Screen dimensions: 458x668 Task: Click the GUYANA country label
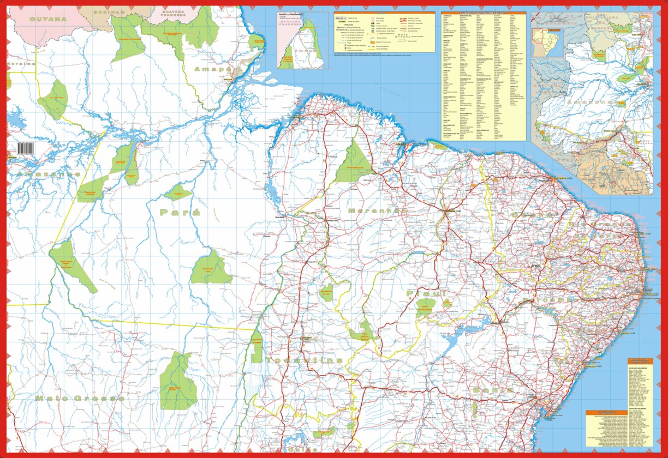click(48, 19)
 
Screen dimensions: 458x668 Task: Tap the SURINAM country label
click(109, 11)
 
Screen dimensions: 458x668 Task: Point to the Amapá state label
click(212, 69)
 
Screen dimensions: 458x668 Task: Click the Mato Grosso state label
click(80, 399)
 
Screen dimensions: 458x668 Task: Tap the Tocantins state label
click(305, 360)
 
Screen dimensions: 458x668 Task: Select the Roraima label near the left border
click(21, 64)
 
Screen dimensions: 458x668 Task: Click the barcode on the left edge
click(26, 148)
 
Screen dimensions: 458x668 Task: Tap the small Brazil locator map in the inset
click(547, 43)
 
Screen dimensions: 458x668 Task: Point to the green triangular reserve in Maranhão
click(353, 164)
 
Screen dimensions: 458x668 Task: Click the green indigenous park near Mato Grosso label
click(177, 382)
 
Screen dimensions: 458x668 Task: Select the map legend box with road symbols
click(384, 32)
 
